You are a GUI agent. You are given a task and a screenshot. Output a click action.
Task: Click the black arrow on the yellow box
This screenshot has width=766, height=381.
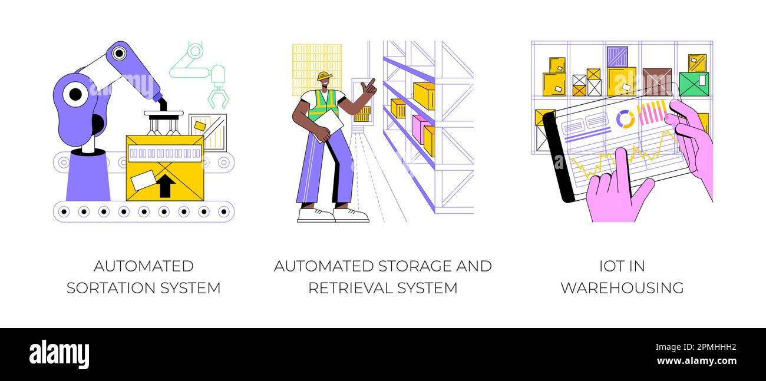click(x=166, y=185)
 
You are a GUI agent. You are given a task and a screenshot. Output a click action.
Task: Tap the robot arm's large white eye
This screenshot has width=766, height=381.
click(x=75, y=94)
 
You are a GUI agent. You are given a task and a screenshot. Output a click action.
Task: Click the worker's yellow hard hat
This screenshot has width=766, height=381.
click(x=323, y=77)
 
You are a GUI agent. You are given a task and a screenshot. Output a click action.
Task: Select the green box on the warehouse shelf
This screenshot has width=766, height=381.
click(x=694, y=84)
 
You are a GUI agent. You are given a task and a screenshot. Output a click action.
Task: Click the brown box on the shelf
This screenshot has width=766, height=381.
click(x=656, y=81)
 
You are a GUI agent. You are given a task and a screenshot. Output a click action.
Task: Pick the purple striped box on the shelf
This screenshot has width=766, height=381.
click(x=617, y=57)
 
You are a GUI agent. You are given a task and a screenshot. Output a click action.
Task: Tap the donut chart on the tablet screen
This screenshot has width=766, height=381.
click(x=625, y=119)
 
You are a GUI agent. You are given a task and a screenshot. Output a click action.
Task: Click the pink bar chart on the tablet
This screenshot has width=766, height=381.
click(x=652, y=112)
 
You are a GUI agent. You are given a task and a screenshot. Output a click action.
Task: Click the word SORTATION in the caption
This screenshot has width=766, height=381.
click(x=122, y=288)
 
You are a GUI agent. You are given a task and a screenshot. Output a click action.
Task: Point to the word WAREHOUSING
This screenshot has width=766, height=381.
click(x=622, y=288)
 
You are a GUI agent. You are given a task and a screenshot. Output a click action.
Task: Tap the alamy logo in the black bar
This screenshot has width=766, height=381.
click(x=59, y=354)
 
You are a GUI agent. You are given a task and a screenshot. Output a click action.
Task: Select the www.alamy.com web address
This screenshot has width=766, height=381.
click(x=696, y=361)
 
